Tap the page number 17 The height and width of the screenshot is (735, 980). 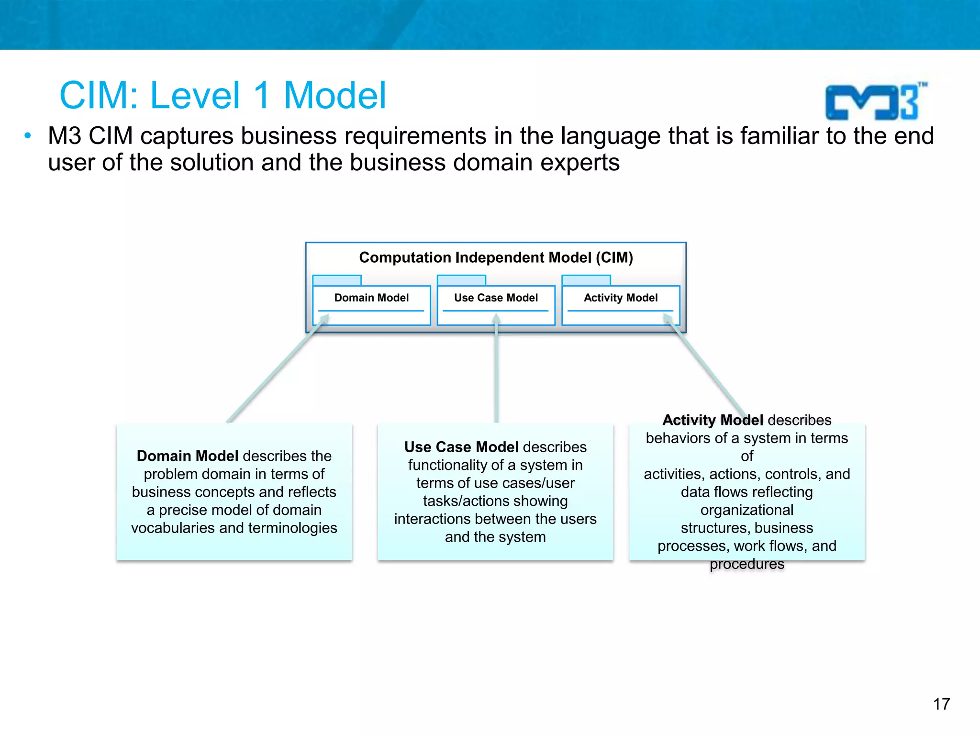click(941, 704)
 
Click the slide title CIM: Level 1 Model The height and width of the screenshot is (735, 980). click(223, 95)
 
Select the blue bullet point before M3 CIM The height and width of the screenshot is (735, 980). click(28, 136)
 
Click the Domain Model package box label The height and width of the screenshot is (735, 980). click(371, 298)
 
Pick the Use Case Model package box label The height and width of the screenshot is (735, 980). click(496, 298)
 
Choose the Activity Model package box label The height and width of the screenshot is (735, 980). click(621, 298)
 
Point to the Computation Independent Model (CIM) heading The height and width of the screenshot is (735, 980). click(496, 257)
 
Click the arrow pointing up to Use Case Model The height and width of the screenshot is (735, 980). click(497, 368)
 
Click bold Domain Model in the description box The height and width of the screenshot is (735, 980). click(187, 456)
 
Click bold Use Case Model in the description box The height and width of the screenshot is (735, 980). click(461, 447)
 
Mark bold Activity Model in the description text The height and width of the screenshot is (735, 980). click(713, 420)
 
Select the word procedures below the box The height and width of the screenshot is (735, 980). click(747, 564)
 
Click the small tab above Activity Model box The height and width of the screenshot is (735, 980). click(586, 280)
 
